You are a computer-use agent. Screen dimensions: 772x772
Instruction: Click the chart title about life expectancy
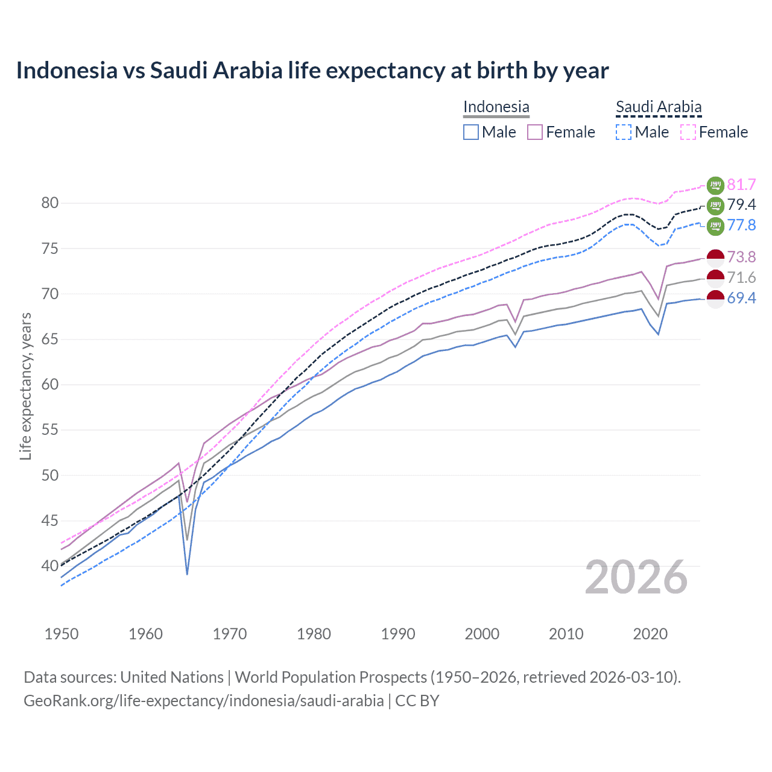pos(312,71)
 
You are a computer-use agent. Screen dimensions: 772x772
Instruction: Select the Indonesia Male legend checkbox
pos(471,132)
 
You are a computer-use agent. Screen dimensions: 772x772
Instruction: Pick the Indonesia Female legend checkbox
pos(535,132)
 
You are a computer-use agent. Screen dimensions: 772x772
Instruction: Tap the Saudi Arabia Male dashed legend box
pos(624,132)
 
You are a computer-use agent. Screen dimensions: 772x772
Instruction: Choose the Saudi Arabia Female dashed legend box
pos(688,132)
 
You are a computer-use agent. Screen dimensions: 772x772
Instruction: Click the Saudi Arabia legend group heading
pos(659,107)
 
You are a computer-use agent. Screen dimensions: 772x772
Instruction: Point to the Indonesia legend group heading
pos(496,107)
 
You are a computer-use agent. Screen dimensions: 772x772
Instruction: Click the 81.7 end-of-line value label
pos(741,185)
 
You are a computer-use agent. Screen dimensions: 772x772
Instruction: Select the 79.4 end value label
pos(741,205)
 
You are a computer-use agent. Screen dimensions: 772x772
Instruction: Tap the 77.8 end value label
pos(741,226)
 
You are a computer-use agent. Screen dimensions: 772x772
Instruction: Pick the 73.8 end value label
pos(741,258)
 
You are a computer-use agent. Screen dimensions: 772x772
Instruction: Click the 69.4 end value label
pos(741,298)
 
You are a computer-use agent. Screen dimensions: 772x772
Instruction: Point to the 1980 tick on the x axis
pos(314,634)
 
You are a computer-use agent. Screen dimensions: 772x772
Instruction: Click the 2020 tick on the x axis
pos(650,634)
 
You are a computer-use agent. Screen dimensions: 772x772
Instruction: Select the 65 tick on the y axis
pos(50,340)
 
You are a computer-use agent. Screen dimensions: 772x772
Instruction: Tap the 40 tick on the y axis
pos(50,566)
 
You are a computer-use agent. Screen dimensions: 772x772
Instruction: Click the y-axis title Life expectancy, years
pos(25,386)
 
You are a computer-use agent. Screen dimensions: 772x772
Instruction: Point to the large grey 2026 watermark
pos(636,577)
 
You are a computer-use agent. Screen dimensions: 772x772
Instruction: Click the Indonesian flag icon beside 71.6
pos(715,278)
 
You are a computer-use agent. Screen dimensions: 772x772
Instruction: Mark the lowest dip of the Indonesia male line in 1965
pos(187,574)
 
